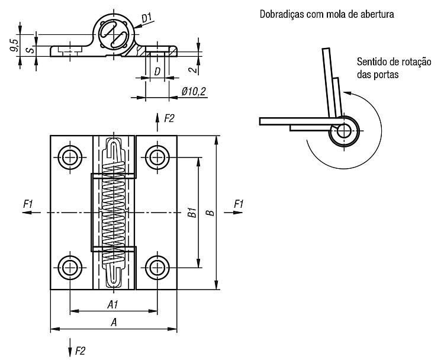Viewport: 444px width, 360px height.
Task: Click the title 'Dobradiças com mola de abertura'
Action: (327, 14)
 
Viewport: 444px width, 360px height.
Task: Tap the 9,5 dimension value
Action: (14, 46)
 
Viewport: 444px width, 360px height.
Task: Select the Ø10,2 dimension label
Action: (194, 92)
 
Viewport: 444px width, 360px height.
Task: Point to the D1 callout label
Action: (147, 18)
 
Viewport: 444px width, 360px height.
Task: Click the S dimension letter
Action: (31, 50)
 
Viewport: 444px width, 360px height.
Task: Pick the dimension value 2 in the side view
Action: (194, 69)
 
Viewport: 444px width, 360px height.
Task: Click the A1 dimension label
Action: (112, 304)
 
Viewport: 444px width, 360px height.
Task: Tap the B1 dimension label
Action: (192, 213)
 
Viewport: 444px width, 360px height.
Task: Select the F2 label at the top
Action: (169, 118)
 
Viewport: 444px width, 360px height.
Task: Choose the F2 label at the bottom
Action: (80, 351)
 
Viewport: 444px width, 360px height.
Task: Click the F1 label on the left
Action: (28, 204)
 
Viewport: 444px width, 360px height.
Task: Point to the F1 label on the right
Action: (239, 204)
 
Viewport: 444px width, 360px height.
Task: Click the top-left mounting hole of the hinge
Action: (70, 157)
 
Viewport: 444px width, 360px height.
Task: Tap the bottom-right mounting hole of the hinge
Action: (157, 268)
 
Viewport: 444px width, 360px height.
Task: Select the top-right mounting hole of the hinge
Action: (157, 157)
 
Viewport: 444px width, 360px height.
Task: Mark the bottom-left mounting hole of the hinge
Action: (70, 268)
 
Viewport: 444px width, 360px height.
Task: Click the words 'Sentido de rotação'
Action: (394, 62)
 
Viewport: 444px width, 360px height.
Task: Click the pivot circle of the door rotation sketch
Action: (344, 131)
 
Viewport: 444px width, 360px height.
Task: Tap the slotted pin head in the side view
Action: (114, 34)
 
